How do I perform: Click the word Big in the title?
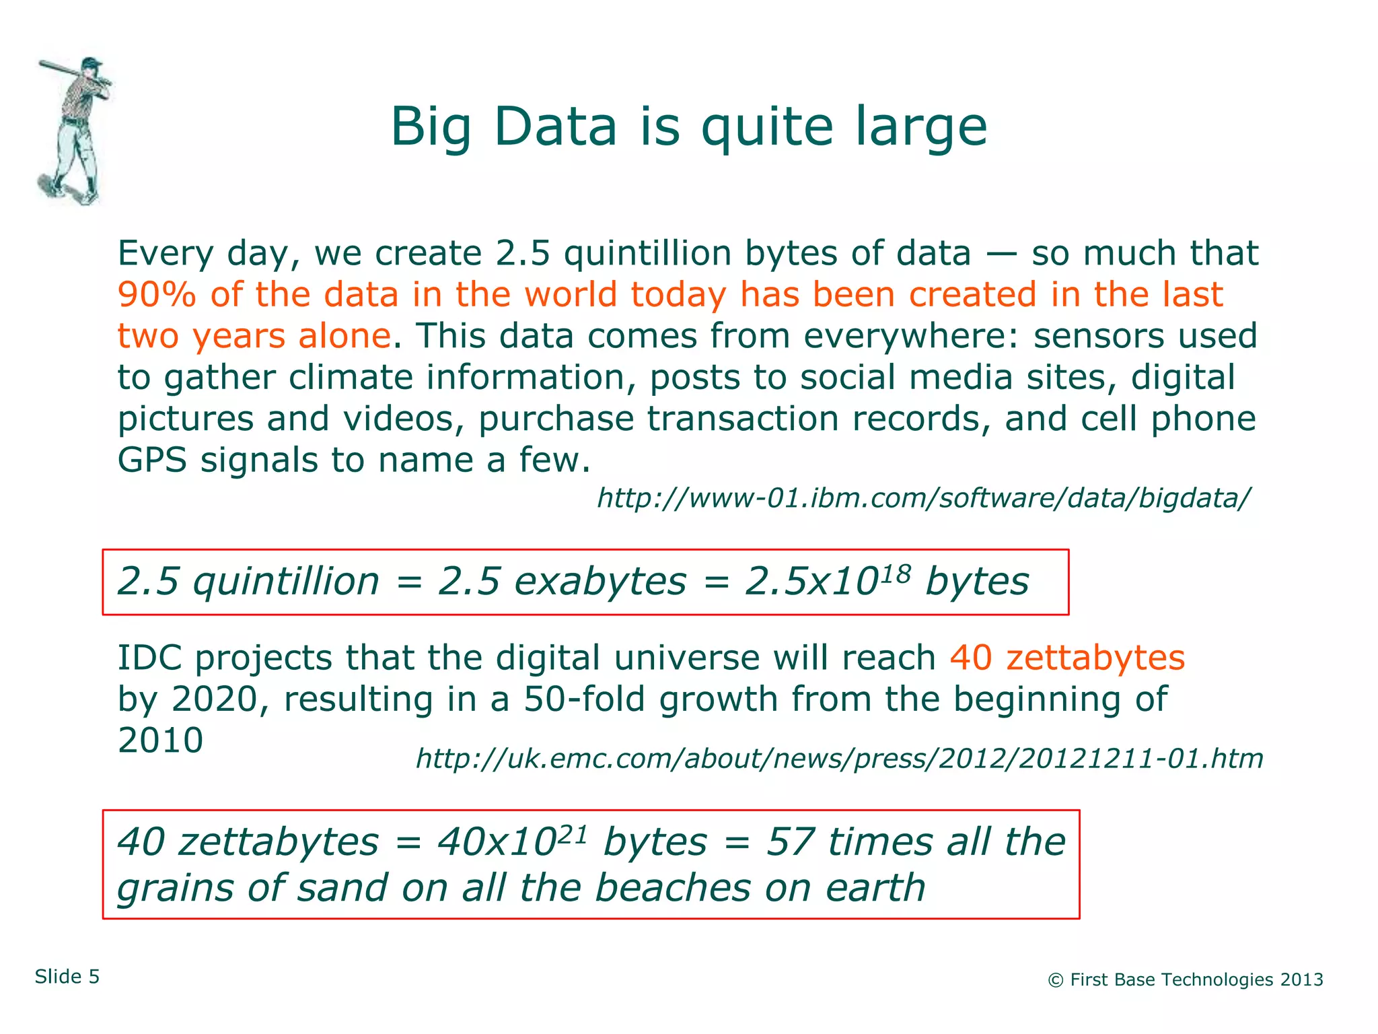(x=431, y=127)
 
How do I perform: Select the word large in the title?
(x=921, y=127)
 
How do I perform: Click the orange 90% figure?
(x=156, y=295)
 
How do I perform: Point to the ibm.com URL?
(x=923, y=498)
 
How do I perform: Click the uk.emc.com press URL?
(x=839, y=759)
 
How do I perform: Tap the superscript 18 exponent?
(x=896, y=572)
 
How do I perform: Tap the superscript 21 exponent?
(x=573, y=833)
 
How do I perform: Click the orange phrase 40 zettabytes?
(x=1067, y=658)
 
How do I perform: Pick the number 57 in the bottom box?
(x=790, y=842)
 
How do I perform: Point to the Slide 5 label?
(x=67, y=977)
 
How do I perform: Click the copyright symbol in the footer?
(x=1056, y=981)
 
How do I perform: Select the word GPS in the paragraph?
(x=152, y=461)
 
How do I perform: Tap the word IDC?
(x=149, y=658)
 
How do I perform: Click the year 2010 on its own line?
(x=160, y=740)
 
